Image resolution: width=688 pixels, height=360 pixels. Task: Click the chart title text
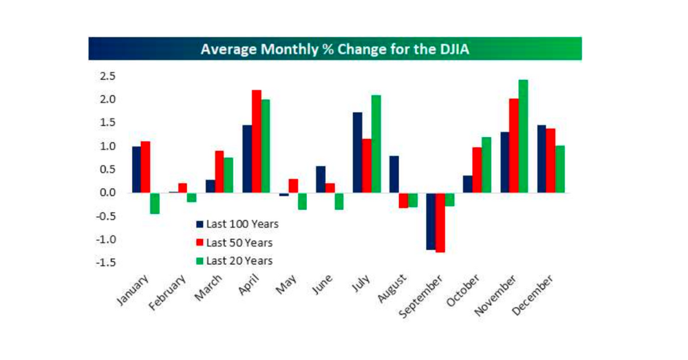pos(335,49)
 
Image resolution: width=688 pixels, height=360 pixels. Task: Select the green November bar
pos(524,136)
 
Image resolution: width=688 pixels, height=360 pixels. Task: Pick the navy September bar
pos(431,221)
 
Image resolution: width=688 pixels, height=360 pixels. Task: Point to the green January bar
pos(155,203)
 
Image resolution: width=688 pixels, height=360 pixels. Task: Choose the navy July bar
pos(357,152)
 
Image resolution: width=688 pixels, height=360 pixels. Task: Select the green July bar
pos(376,144)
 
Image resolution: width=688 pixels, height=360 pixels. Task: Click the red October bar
pos(477,170)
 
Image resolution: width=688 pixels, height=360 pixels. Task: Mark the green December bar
pos(560,169)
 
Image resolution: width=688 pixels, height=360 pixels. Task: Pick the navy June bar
pos(321,179)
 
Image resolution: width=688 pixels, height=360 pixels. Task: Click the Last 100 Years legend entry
pos(237,224)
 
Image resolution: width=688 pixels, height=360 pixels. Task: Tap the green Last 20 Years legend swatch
pos(200,261)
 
